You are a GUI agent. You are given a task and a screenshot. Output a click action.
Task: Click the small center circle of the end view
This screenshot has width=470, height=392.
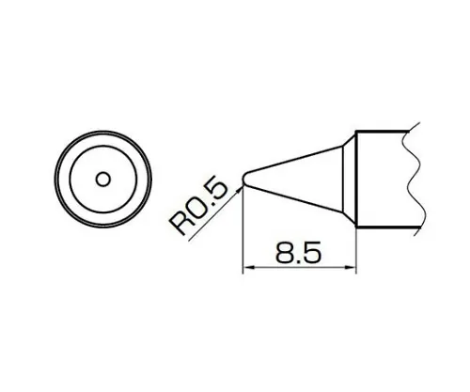coord(103,176)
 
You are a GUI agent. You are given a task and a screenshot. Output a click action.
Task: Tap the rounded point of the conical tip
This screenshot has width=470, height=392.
coord(245,177)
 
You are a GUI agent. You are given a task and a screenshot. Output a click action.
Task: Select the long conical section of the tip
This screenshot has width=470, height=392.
coord(296,176)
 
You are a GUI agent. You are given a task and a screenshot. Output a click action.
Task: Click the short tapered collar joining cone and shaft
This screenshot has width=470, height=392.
coord(349,176)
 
